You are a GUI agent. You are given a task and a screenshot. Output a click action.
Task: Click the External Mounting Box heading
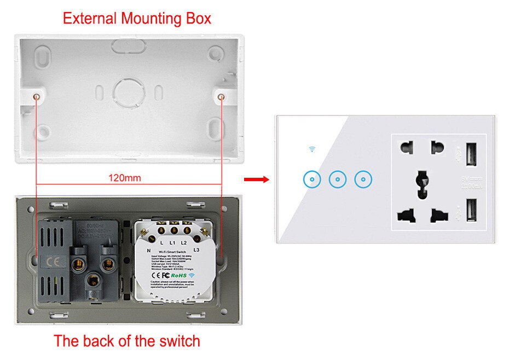coord(137,18)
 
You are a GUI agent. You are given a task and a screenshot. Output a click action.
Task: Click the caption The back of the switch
coord(126,341)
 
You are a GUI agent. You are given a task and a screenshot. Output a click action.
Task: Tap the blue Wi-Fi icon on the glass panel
coord(311,149)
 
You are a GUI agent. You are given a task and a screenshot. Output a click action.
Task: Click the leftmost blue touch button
coord(311,179)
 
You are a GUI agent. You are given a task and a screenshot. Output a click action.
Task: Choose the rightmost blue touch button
coord(363,179)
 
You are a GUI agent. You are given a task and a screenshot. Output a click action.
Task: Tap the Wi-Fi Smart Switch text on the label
coord(172,249)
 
